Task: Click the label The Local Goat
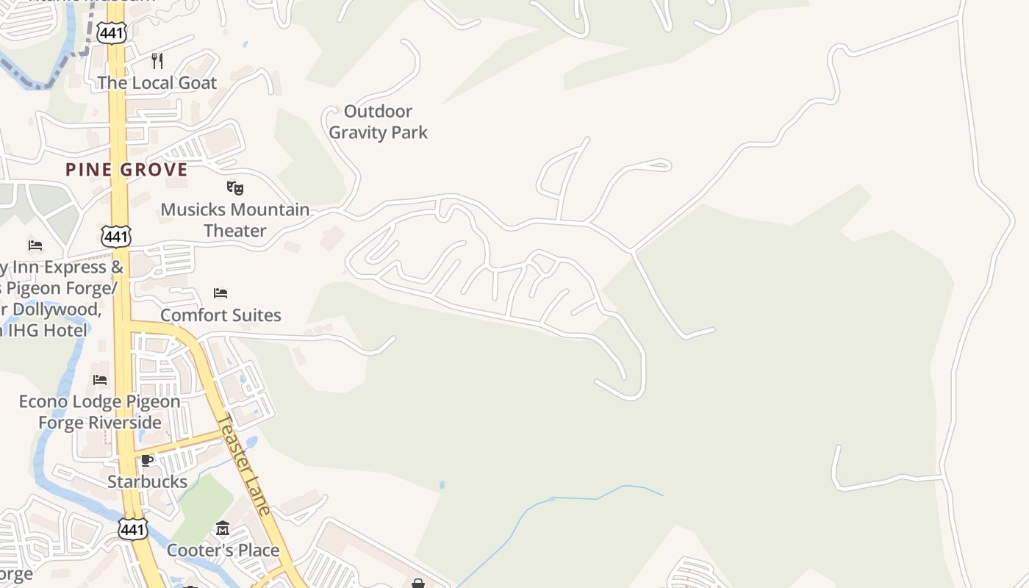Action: click(x=157, y=82)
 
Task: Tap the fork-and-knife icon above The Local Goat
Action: click(x=157, y=60)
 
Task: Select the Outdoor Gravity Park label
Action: click(x=379, y=122)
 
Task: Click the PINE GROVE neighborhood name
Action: click(x=126, y=170)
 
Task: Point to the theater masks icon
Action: click(x=234, y=187)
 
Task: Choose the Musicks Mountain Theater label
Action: click(x=235, y=220)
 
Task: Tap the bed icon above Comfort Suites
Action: click(x=220, y=293)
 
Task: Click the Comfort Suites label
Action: click(x=220, y=315)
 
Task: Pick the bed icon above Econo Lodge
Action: click(x=100, y=380)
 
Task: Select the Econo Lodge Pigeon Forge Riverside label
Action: click(x=99, y=412)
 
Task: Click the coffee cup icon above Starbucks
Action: click(x=147, y=460)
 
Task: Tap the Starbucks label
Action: click(x=147, y=481)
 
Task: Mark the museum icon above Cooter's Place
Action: click(x=223, y=528)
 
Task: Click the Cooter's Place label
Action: click(x=223, y=550)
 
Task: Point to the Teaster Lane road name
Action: click(x=245, y=465)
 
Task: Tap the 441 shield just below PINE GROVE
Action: click(x=116, y=237)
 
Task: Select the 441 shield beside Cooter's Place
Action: click(x=132, y=529)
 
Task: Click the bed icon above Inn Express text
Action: click(x=35, y=245)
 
